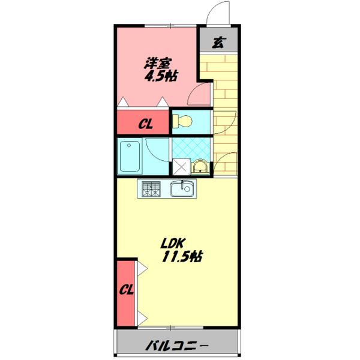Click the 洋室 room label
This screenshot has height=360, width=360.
click(158, 64)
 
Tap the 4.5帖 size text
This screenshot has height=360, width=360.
click(161, 76)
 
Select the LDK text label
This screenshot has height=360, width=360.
click(173, 244)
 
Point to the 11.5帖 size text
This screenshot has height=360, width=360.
click(182, 257)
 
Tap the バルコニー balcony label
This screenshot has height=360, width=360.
click(177, 346)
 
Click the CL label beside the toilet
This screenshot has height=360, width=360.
click(146, 124)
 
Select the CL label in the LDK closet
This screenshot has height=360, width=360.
click(126, 290)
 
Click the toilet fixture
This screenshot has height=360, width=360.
click(182, 121)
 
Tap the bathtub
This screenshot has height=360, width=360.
click(130, 157)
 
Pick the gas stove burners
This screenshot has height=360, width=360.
click(151, 189)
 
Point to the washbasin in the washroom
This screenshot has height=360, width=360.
click(200, 166)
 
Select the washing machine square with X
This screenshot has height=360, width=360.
click(181, 167)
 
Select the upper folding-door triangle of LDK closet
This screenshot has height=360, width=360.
click(142, 268)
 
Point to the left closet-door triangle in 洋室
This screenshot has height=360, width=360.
click(123, 102)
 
